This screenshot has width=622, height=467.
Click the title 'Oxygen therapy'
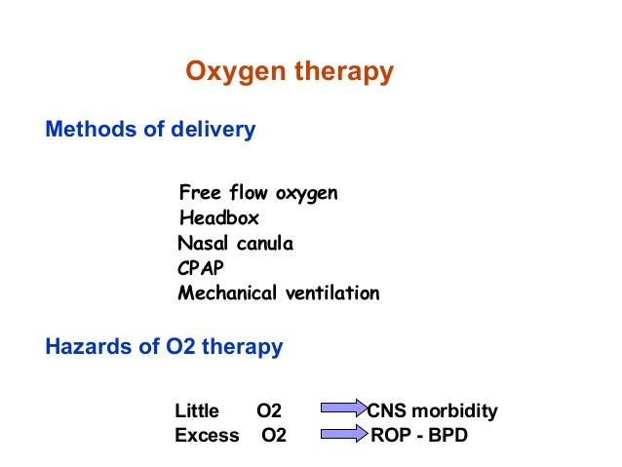click(290, 72)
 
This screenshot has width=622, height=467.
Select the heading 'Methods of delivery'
click(150, 130)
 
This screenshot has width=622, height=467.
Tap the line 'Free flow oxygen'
click(258, 193)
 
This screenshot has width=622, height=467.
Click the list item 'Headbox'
click(219, 218)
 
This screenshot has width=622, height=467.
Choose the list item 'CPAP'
click(200, 268)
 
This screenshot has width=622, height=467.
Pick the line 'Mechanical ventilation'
click(279, 293)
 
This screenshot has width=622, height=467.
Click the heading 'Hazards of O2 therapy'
click(164, 346)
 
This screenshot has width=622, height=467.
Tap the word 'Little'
click(198, 411)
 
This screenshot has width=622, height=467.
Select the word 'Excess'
click(207, 436)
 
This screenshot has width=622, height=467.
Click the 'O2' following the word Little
click(269, 411)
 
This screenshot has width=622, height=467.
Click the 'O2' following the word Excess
click(274, 436)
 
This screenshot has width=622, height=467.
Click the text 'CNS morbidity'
click(432, 411)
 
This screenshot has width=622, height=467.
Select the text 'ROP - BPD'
click(419, 436)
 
